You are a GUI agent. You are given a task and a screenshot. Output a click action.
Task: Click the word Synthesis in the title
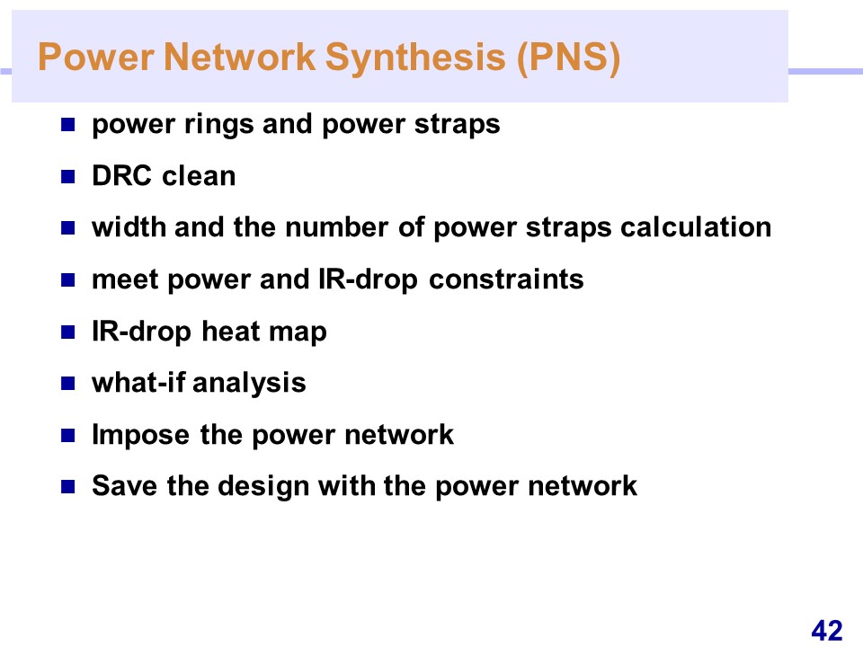[x=415, y=58]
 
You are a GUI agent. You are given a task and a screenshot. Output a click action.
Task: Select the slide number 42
[x=827, y=630]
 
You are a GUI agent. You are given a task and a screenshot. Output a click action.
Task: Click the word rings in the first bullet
[x=219, y=125]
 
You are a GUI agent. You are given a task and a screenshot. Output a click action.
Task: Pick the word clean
[x=199, y=176]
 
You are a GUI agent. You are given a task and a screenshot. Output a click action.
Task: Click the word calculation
[x=696, y=227]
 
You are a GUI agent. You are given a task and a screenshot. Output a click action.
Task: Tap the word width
[x=129, y=227]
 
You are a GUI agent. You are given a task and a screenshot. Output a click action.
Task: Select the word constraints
[x=506, y=279]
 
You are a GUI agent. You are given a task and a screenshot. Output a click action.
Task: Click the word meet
[x=125, y=279]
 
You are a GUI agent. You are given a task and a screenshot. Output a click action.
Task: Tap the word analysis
[x=249, y=384]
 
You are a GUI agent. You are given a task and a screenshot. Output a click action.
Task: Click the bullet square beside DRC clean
[x=67, y=177]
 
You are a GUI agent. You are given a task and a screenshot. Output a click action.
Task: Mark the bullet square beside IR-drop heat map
[x=67, y=332]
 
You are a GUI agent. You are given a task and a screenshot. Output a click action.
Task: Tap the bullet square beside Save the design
[x=67, y=486]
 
